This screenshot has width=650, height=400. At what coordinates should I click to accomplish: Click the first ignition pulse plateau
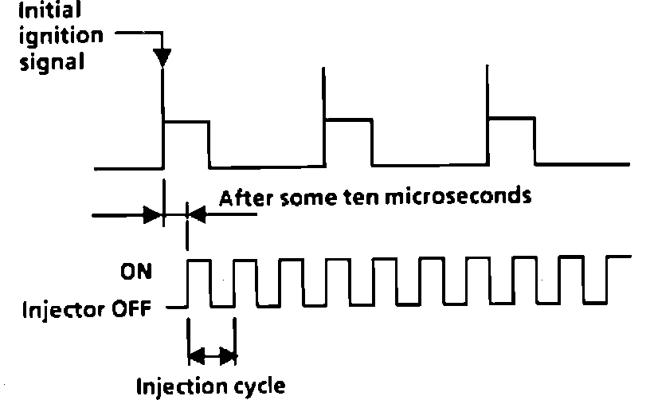186,122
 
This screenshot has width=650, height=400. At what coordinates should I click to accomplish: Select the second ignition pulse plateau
348,120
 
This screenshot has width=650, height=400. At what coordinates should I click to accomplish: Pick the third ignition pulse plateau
511,119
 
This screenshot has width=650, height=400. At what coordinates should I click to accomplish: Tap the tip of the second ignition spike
323,70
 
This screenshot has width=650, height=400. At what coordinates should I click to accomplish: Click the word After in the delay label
244,197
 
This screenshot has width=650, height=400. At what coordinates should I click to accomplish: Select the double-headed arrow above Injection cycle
212,354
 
